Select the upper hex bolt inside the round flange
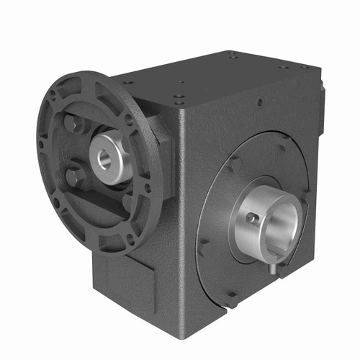click(x=72, y=124)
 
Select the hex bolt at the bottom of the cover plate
click(x=232, y=297)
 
